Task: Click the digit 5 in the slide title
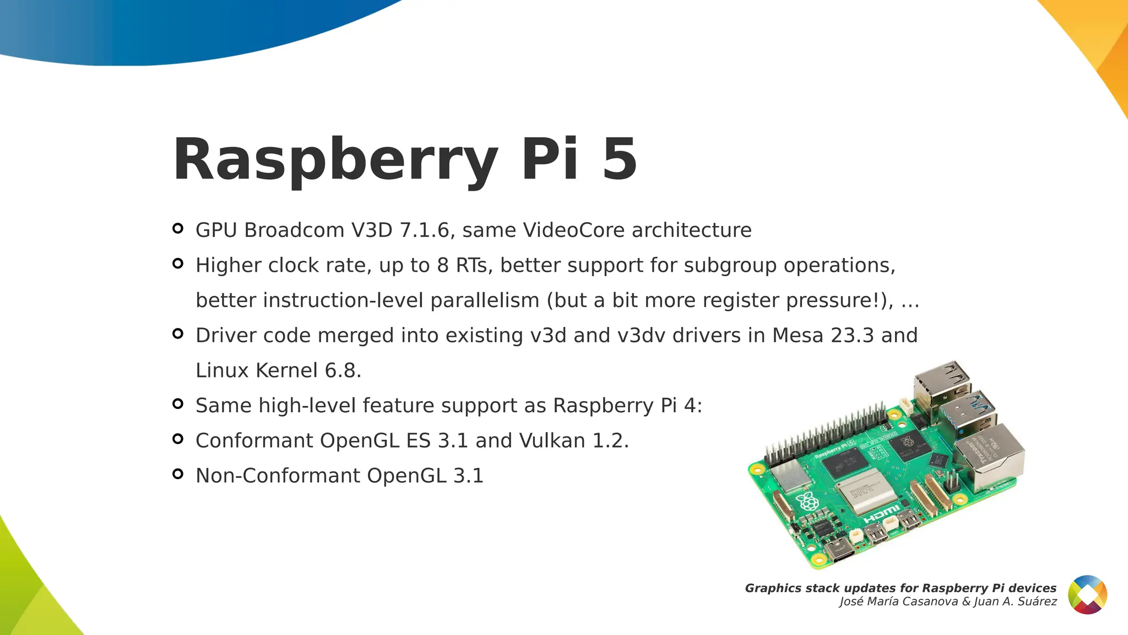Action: (x=620, y=159)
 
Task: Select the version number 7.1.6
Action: (x=424, y=230)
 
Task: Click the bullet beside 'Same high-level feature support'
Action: (x=177, y=404)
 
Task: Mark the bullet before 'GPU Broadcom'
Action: (x=177, y=228)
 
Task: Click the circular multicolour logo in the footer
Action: (x=1087, y=595)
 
